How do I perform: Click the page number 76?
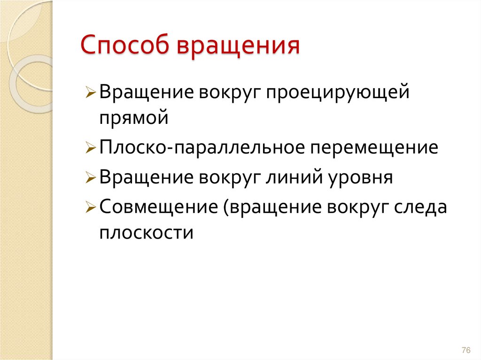pyautogui.click(x=466, y=351)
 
